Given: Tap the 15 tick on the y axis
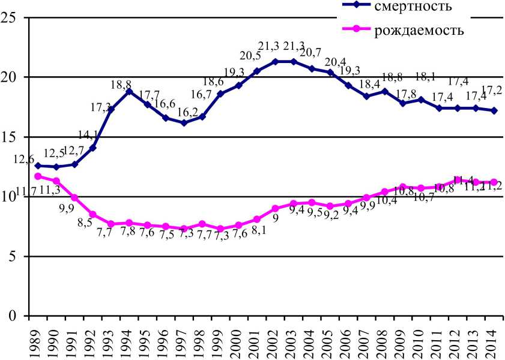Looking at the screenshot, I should click(9, 137).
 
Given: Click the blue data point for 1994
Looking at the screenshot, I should click(129, 91).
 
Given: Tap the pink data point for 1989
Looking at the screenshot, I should click(38, 176).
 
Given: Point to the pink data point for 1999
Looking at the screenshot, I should click(220, 229).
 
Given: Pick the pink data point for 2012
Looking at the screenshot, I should click(458, 180).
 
